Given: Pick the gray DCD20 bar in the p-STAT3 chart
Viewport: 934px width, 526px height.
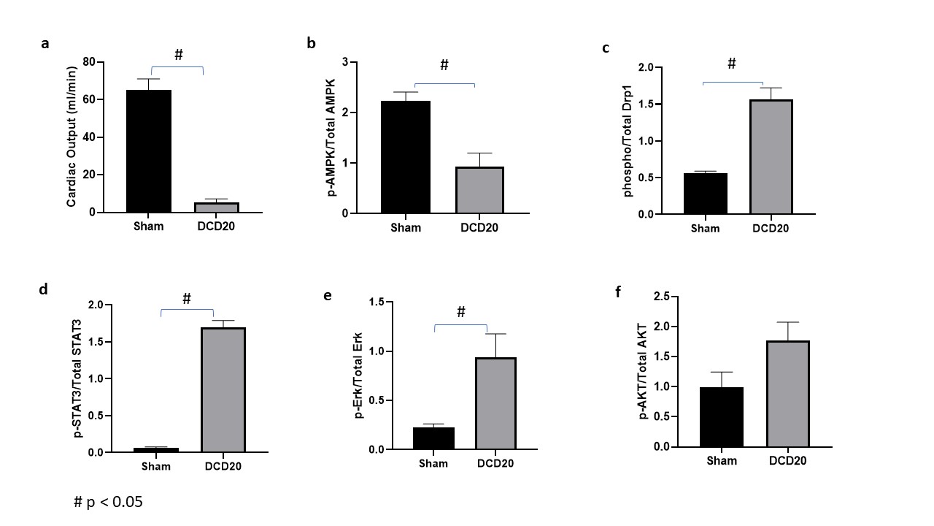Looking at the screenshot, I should point(223,390).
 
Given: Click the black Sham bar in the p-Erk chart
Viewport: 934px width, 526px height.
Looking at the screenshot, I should point(433,438).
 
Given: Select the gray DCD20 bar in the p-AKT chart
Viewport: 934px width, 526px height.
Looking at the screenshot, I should point(788,394).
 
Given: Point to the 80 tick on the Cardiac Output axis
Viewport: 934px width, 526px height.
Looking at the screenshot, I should point(90,62).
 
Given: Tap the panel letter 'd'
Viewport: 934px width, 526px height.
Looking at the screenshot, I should point(44,289).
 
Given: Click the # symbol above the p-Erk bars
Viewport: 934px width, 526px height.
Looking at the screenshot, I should point(460,313).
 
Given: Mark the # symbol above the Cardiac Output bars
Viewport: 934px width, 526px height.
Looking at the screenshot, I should point(178,56).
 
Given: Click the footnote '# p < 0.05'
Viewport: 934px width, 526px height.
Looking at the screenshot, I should point(108,503).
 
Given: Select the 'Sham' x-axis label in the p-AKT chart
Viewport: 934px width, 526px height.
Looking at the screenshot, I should point(722,461).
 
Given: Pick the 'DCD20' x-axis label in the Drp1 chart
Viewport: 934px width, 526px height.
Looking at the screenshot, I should point(771,229).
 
